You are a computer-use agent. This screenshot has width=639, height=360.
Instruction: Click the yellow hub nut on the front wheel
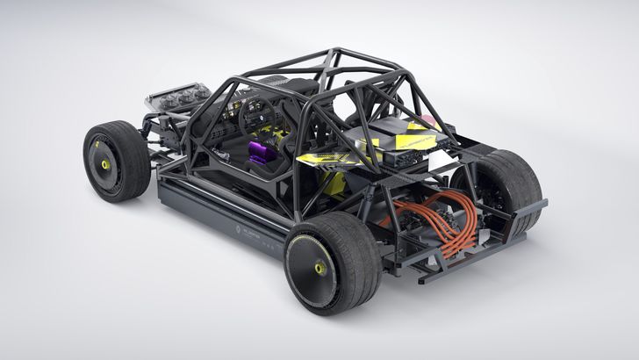click(105, 165)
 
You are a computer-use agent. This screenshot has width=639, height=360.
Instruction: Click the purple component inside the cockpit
click(259, 155)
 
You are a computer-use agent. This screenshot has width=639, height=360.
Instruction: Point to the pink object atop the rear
click(428, 120)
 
